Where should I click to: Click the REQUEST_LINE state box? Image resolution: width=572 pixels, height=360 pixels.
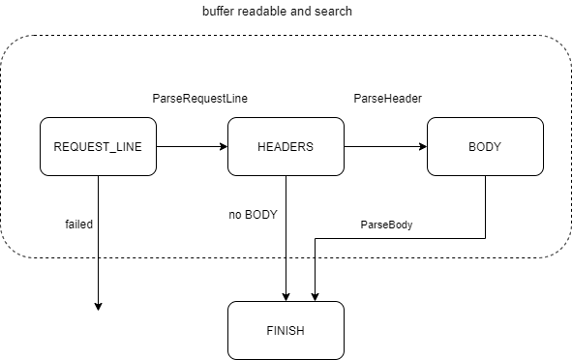(98, 147)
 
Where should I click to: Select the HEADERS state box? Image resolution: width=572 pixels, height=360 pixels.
(286, 147)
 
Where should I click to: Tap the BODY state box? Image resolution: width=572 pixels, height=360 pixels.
(485, 147)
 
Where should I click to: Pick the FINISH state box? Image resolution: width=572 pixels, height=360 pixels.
(286, 331)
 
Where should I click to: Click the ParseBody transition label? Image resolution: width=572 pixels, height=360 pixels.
(386, 225)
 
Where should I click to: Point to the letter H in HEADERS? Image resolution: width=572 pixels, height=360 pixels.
(261, 147)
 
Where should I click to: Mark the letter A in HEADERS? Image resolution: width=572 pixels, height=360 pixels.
(279, 147)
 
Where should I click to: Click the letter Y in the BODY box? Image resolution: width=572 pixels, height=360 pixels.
(497, 147)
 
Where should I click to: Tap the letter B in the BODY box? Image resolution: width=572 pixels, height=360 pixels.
(472, 147)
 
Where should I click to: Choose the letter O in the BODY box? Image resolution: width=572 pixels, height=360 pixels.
(480, 147)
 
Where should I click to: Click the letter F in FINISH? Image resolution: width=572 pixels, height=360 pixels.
(269, 331)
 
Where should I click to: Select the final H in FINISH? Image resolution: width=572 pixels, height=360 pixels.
(300, 331)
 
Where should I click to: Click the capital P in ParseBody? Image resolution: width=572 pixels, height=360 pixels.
(365, 225)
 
